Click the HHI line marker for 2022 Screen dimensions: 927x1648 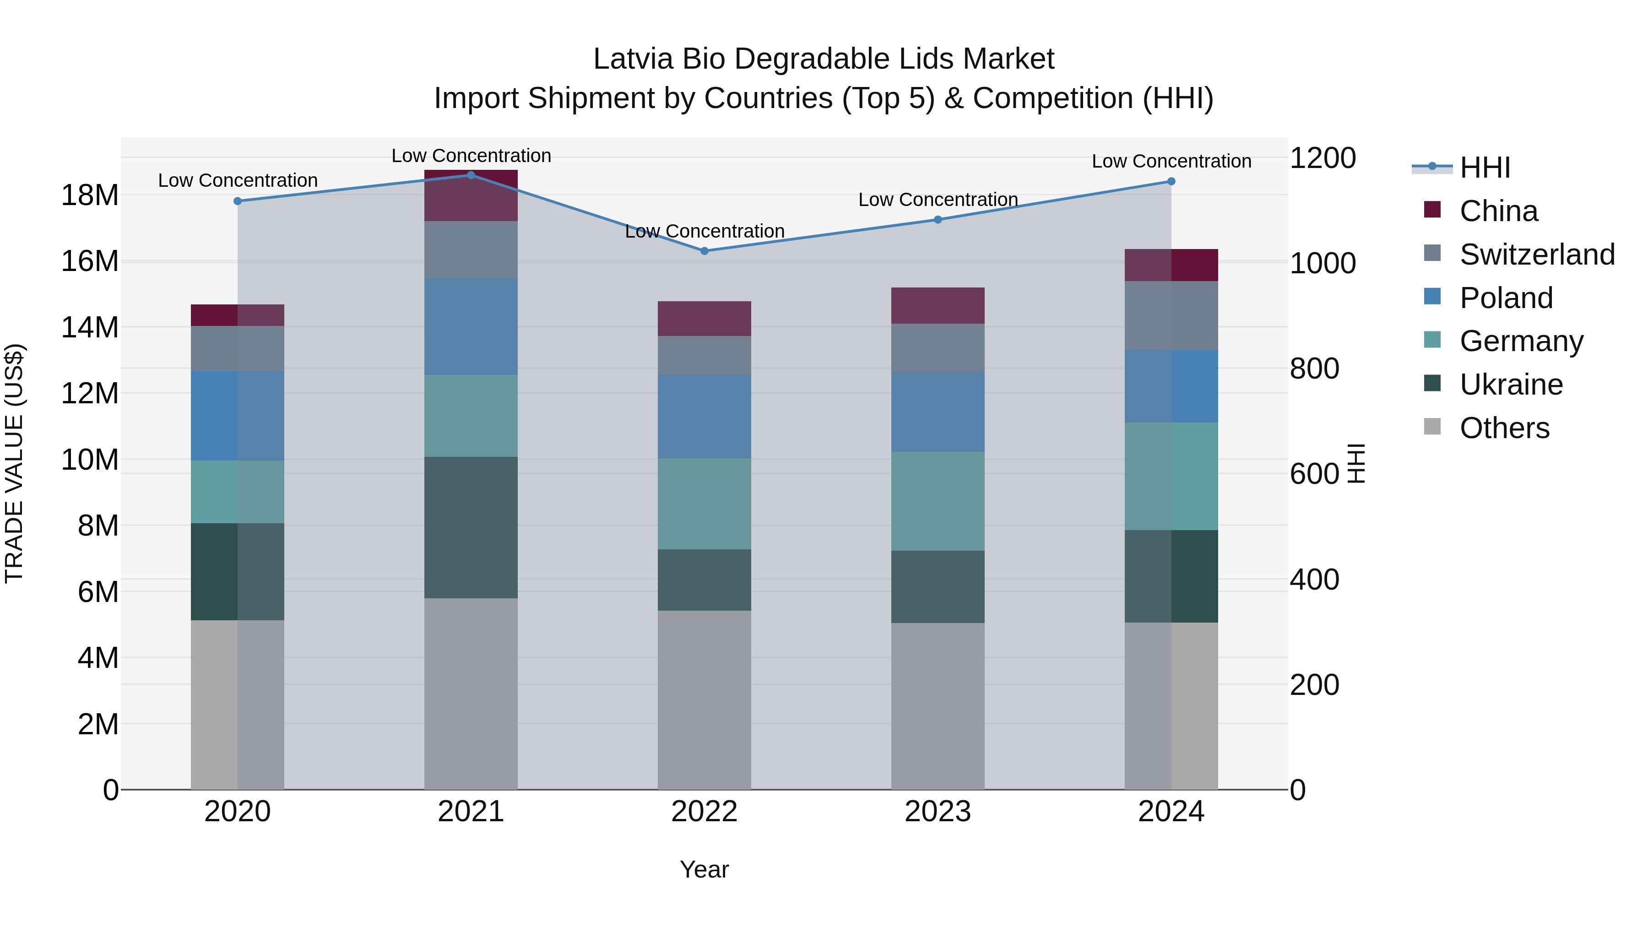point(705,251)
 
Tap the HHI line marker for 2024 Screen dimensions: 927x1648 point(1171,181)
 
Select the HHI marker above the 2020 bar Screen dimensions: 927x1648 point(237,201)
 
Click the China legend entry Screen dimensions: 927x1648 point(1498,211)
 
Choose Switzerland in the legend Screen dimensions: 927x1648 point(1537,255)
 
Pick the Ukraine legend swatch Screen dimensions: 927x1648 point(1432,384)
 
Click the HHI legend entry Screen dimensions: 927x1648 point(1484,168)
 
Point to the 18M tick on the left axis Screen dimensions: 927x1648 point(90,195)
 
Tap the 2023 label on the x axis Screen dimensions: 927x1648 point(937,811)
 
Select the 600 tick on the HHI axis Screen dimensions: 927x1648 point(1314,474)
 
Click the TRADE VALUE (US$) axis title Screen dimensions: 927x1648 point(14,463)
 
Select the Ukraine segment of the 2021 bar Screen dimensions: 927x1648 point(471,527)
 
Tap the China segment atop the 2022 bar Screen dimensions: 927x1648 point(705,318)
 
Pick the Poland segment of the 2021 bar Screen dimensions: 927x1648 point(471,326)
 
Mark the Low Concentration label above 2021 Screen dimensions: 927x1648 point(471,156)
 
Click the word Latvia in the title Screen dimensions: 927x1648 point(634,59)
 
